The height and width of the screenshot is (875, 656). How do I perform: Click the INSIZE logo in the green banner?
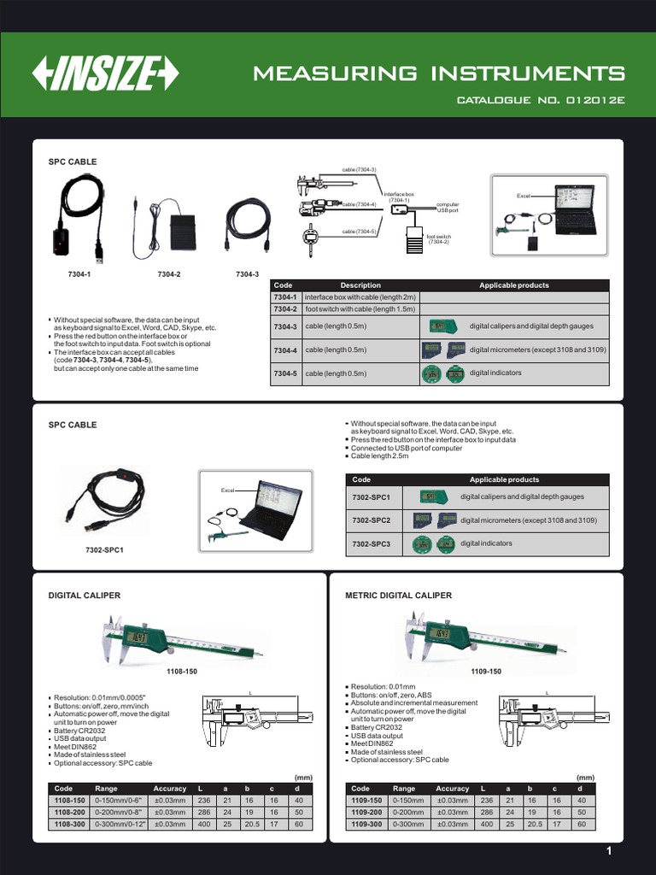click(x=105, y=74)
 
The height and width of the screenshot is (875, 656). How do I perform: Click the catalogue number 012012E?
click(x=542, y=100)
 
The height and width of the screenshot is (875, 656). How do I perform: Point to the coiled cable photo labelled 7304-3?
click(x=247, y=225)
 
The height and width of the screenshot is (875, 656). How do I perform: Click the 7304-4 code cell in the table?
click(x=284, y=349)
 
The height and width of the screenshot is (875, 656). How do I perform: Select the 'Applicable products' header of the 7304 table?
click(x=514, y=285)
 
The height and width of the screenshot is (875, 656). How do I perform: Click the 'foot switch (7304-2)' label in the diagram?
click(x=438, y=239)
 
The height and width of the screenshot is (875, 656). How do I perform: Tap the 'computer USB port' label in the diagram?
click(x=448, y=207)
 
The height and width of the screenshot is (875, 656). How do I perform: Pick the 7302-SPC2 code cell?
click(x=371, y=520)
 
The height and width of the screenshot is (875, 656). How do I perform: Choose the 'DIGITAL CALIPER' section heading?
click(x=85, y=595)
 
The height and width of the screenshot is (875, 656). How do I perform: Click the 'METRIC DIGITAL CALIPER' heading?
click(x=397, y=595)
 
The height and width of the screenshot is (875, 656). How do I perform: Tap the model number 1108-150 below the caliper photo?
click(x=181, y=672)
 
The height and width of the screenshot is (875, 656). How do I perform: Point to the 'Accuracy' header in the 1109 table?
click(x=453, y=789)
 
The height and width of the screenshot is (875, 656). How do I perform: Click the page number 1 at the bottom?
click(x=609, y=851)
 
